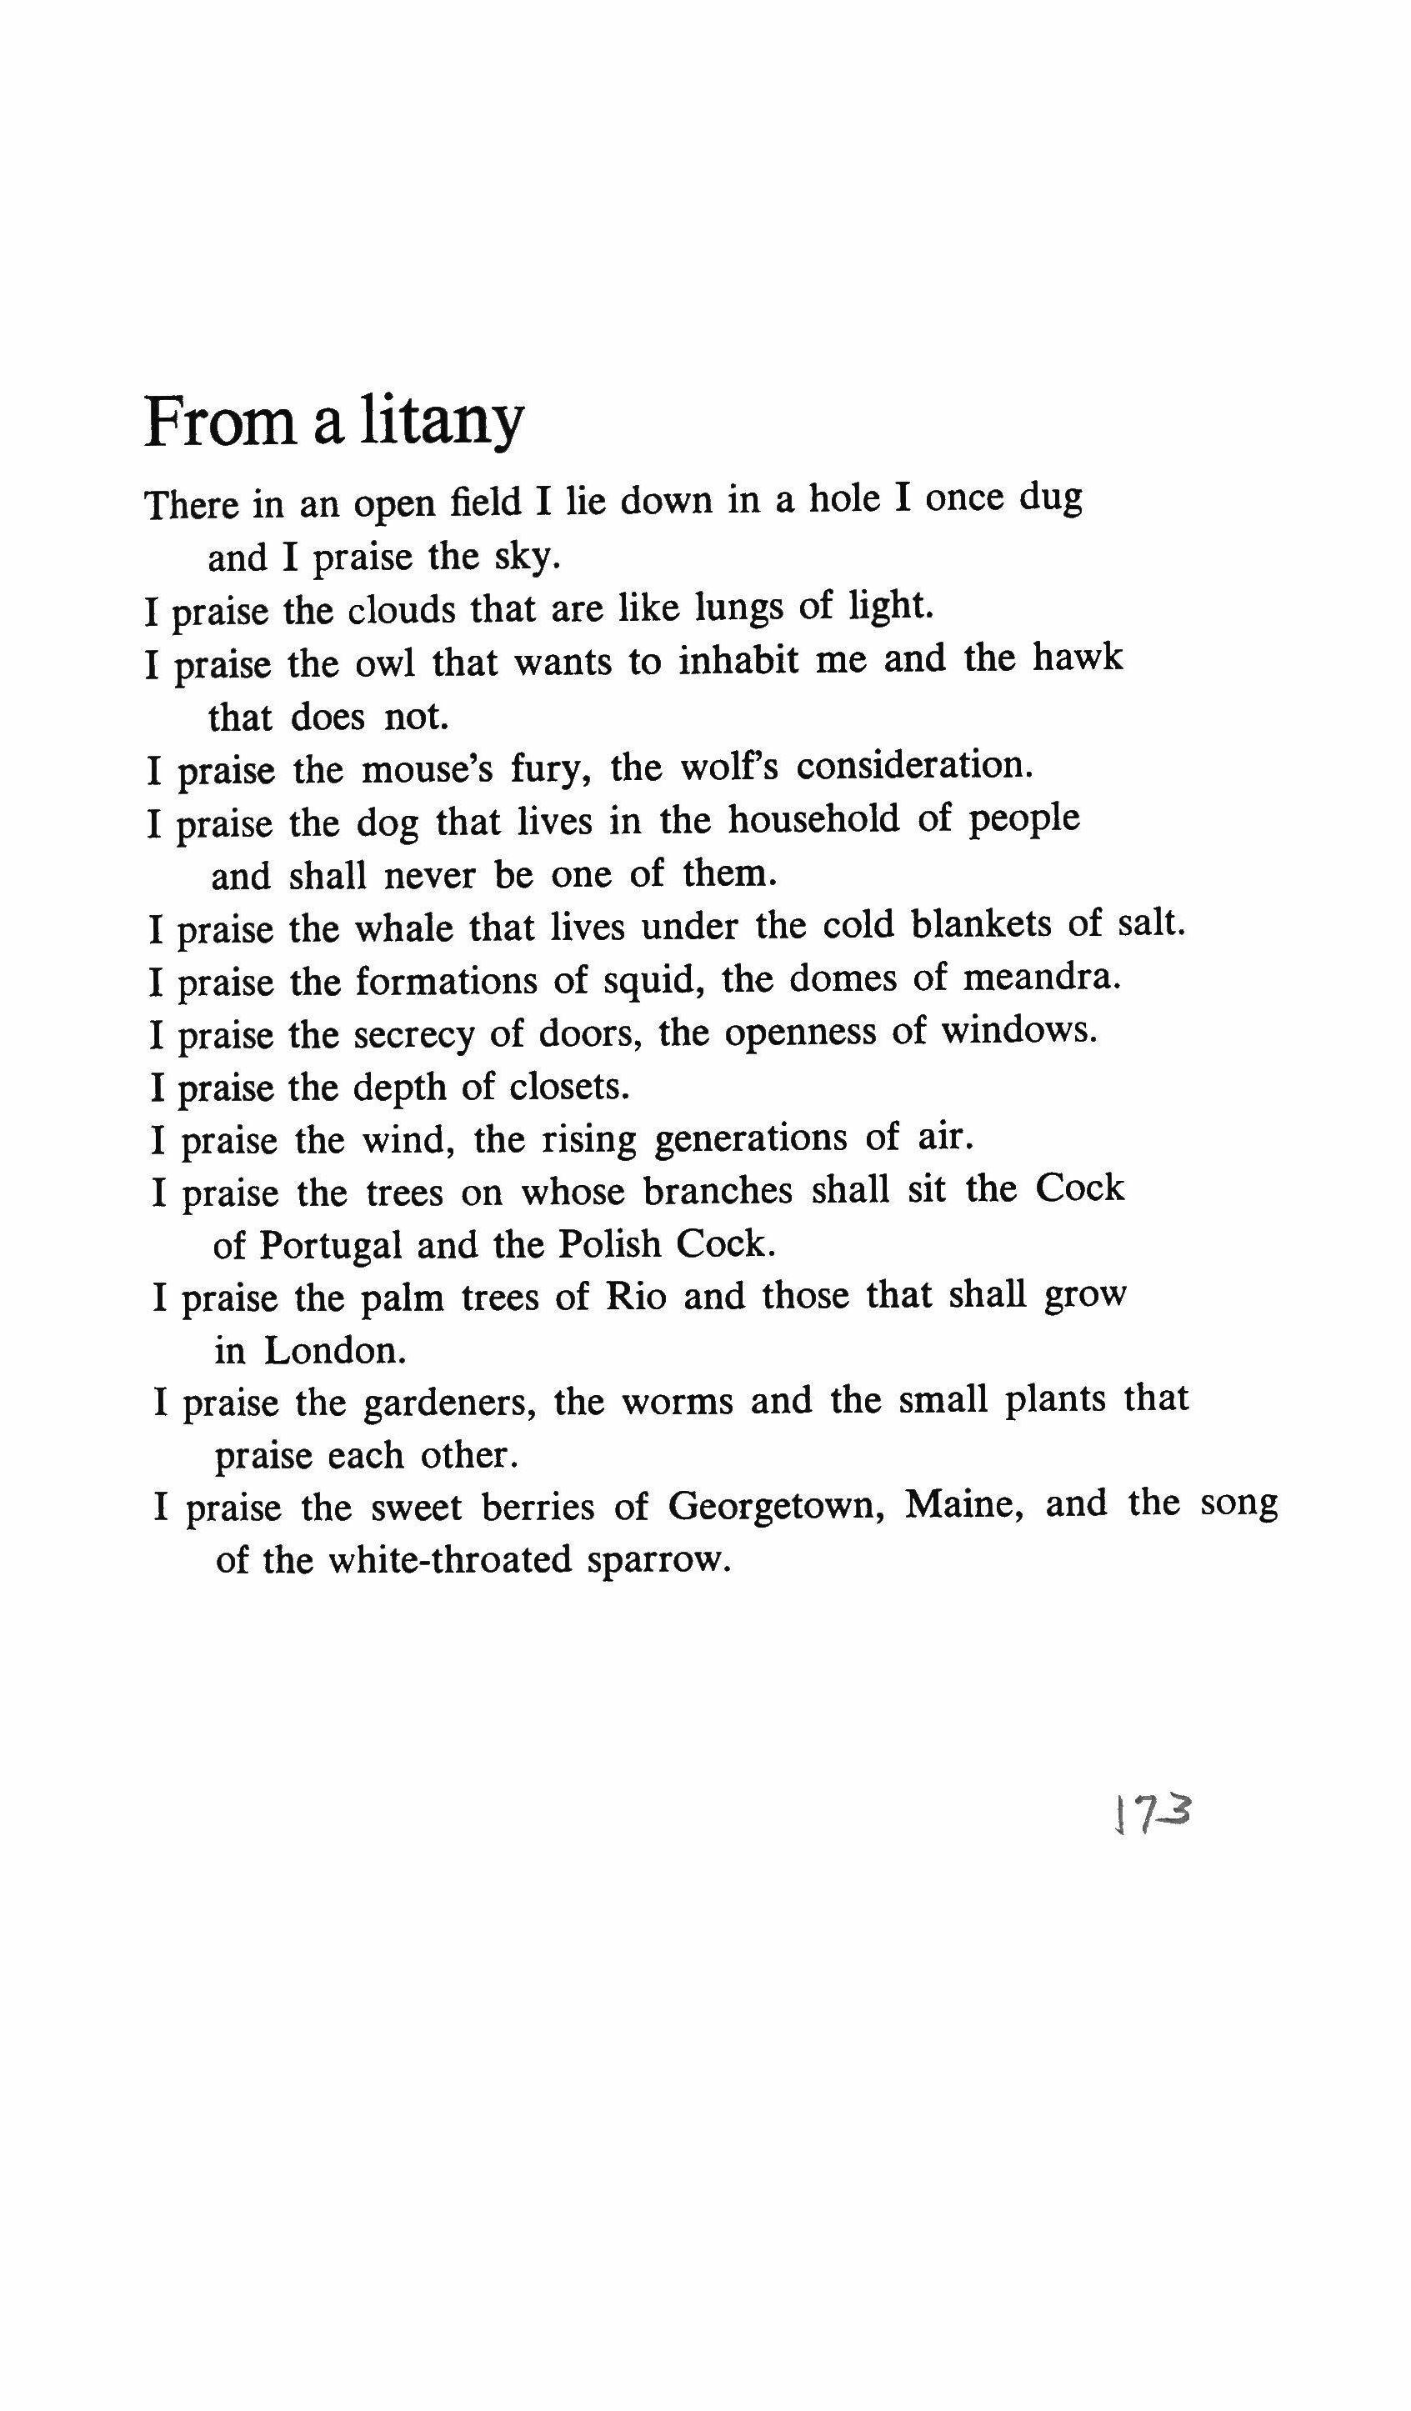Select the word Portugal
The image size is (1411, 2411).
pyautogui.click(x=331, y=1246)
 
